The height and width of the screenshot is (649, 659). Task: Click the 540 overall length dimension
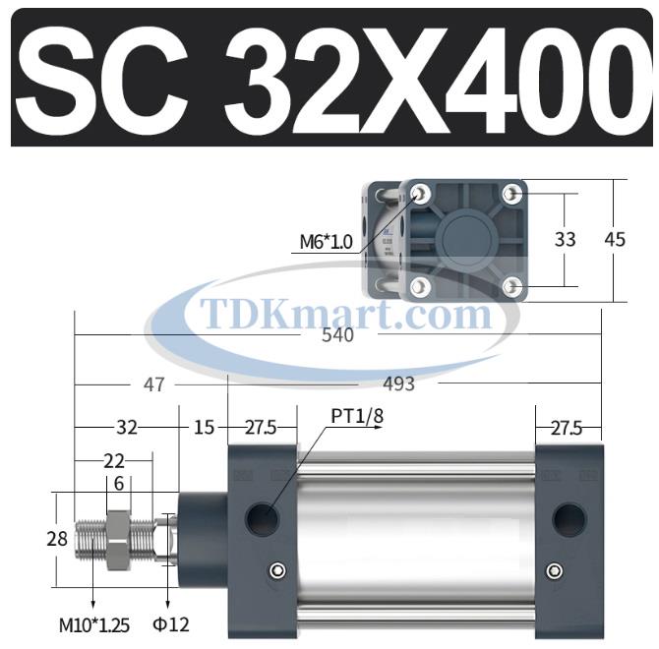(x=336, y=334)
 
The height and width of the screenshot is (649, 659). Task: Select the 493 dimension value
(x=397, y=384)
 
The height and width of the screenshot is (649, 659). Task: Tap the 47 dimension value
(x=153, y=384)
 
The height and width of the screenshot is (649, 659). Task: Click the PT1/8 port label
(x=356, y=417)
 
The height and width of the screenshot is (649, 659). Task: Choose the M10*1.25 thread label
(x=93, y=623)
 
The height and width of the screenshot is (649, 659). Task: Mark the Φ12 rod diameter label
(x=170, y=623)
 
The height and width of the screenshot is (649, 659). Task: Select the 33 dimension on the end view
(x=565, y=239)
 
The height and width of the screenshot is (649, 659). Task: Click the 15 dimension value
(x=204, y=428)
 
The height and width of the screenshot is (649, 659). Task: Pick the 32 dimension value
(x=127, y=428)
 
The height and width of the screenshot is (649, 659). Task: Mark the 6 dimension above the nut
(x=118, y=483)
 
